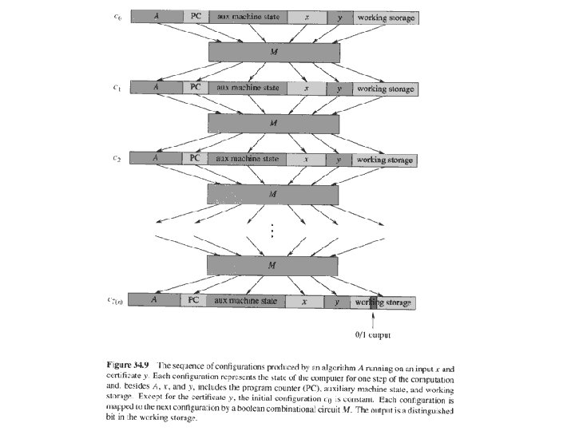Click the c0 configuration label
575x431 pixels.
118,16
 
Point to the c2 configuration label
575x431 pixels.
118,158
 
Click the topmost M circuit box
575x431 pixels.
273,52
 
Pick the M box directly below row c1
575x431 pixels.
273,123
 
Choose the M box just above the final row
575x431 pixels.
273,264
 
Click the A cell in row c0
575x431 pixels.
157,16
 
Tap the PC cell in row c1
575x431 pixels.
196,88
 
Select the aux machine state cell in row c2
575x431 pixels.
248,159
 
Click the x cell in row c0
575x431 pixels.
306,17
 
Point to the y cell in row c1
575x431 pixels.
339,89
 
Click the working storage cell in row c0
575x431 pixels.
386,18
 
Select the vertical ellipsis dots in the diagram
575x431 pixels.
273,231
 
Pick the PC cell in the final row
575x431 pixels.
194,301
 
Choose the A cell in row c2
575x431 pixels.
157,159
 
